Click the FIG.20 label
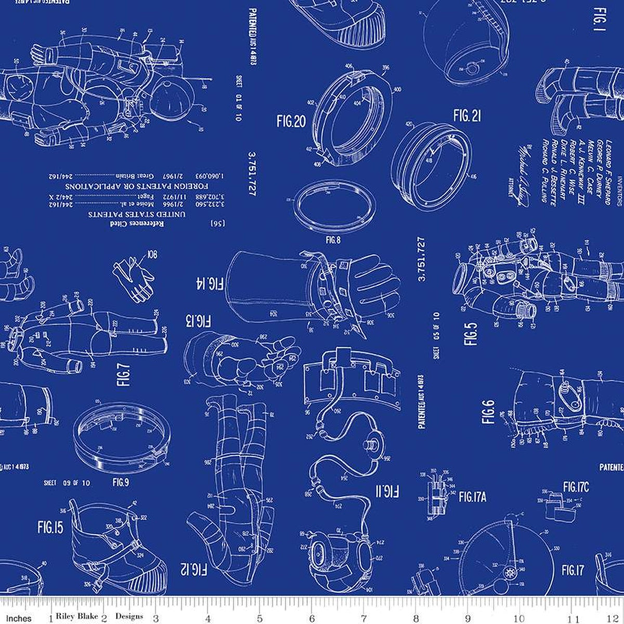tap(292, 122)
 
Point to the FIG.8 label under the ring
tap(333, 226)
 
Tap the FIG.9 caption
tap(120, 483)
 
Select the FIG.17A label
tap(472, 497)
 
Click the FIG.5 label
tap(471, 334)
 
